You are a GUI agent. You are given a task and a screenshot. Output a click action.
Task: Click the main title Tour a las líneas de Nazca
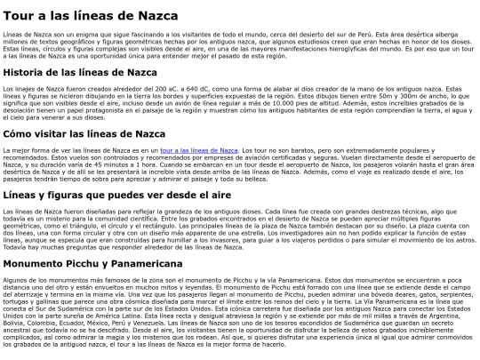click(100, 15)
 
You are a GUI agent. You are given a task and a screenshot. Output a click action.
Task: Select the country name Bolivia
click(15, 314)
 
